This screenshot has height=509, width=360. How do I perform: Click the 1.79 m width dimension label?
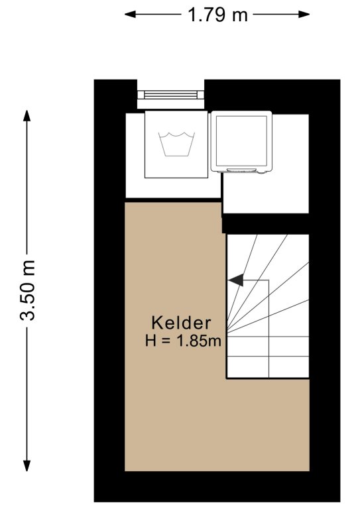coord(217,15)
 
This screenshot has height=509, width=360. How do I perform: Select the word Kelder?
coord(181,323)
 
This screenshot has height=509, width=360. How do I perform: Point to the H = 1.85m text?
coord(183,341)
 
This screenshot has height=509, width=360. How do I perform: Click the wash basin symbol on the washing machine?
coord(176,144)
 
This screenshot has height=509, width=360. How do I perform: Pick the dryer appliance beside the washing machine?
coord(241,142)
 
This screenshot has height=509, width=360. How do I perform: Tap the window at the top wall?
coord(171,95)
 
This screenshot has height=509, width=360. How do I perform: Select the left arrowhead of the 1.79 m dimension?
coord(131,15)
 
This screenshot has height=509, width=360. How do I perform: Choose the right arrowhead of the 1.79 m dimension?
coord(304,15)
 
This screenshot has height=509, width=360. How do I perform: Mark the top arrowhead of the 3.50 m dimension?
coord(27,116)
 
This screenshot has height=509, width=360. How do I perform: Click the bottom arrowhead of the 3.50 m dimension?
coord(27,465)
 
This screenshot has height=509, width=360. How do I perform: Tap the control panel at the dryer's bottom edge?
coord(241,170)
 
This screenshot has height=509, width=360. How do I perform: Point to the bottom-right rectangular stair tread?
coord(289,367)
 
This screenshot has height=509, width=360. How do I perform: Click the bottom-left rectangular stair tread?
coord(248,367)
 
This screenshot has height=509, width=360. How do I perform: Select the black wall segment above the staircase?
coord(266,223)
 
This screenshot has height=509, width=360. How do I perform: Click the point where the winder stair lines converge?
coord(227,331)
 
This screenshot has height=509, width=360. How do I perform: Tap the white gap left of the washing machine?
coord(135,155)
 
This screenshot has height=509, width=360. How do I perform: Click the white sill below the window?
coord(171,104)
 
